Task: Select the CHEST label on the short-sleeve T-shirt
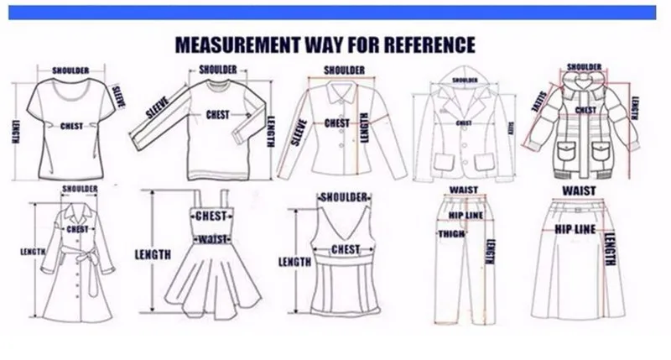pyautogui.click(x=72, y=127)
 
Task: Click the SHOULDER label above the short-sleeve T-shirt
pyautogui.click(x=71, y=70)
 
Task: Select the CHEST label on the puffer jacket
pyautogui.click(x=586, y=110)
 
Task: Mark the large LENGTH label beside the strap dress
pyautogui.click(x=153, y=253)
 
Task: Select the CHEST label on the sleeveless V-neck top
pyautogui.click(x=346, y=250)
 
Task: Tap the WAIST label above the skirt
pyautogui.click(x=579, y=191)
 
